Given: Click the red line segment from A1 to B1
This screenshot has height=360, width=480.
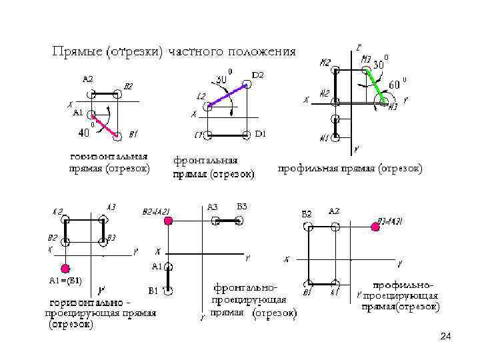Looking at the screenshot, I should (104, 125).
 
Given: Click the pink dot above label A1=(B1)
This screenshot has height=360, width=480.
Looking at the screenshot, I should (65, 269).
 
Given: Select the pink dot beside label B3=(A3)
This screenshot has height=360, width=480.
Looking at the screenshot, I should (375, 227).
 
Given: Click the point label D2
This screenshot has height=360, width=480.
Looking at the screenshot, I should (258, 75).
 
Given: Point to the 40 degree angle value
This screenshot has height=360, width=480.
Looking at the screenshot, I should (85, 133).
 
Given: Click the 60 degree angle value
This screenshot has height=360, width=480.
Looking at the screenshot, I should (395, 85).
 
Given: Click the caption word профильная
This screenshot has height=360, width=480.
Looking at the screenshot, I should (309, 169).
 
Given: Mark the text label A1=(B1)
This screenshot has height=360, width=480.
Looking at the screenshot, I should (65, 280).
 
